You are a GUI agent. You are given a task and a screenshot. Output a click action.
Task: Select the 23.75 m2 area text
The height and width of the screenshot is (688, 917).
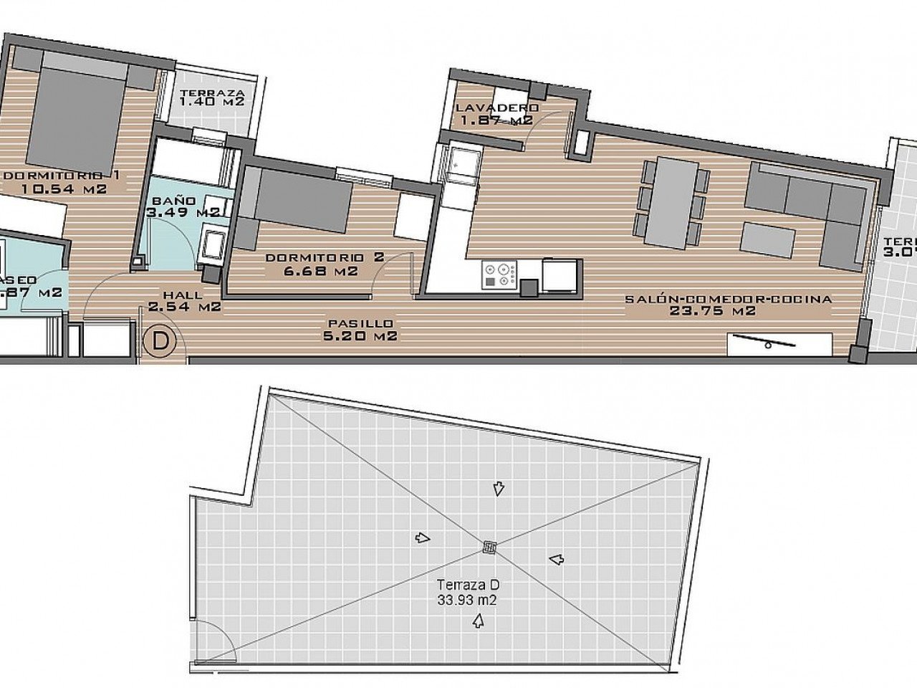[x=713, y=310]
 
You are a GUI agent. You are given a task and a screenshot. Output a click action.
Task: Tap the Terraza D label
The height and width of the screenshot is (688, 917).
[x=469, y=585]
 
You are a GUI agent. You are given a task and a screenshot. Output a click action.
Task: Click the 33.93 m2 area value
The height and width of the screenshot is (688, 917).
[x=469, y=598]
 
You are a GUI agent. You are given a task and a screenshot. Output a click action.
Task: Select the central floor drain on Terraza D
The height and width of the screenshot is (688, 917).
[x=489, y=548]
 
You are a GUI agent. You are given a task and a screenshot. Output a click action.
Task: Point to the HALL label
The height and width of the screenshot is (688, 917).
[x=183, y=295]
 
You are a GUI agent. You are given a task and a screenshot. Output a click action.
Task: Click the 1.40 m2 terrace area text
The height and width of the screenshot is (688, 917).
[x=212, y=102]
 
